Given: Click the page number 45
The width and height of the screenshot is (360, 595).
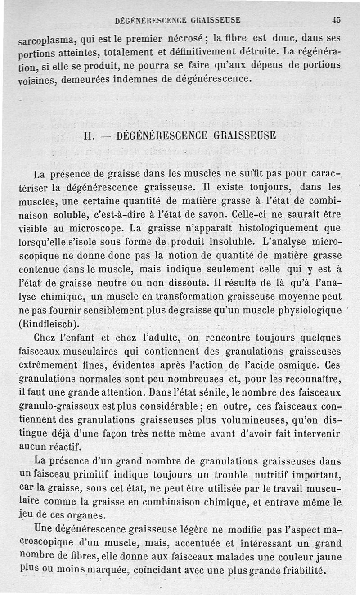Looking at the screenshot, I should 336,19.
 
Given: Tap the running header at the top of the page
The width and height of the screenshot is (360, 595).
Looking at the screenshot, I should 178,20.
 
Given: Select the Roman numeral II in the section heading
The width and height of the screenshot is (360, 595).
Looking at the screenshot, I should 89,135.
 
